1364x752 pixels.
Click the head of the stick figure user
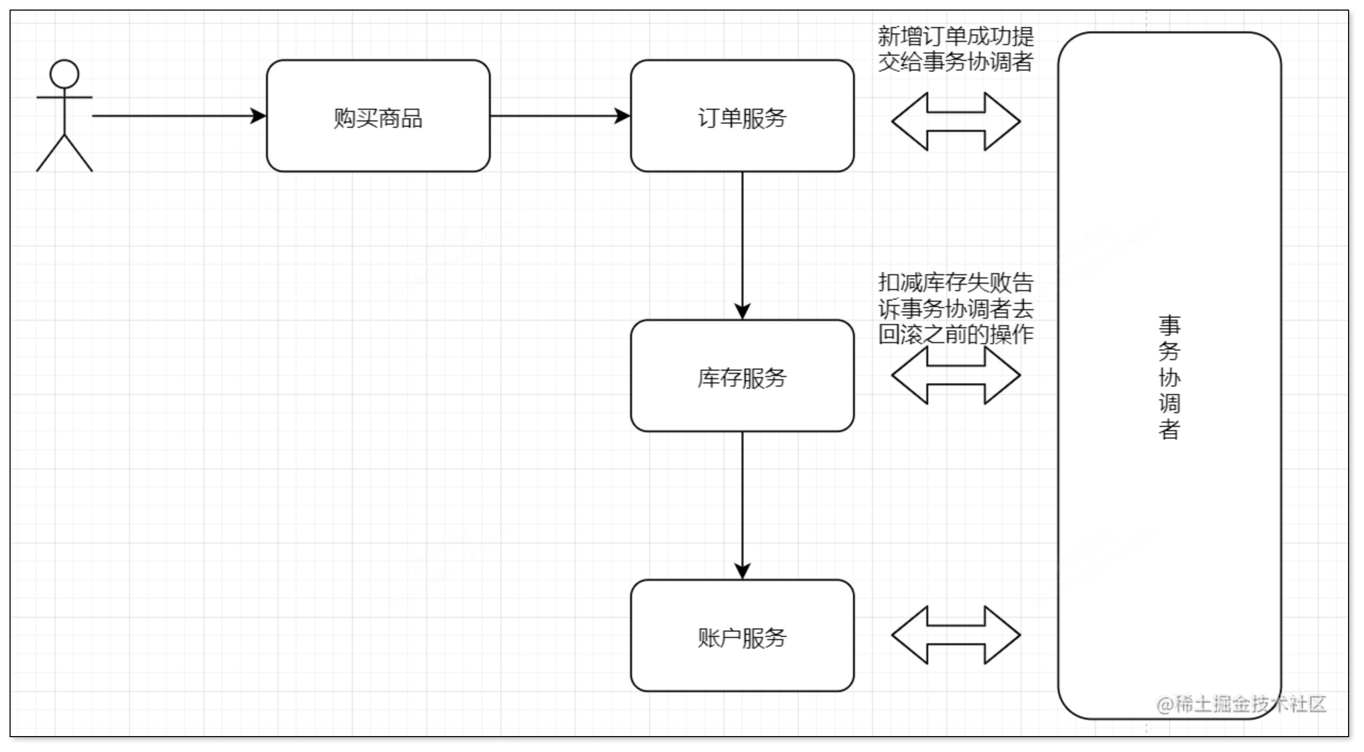[x=64, y=74]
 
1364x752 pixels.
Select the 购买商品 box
[x=378, y=116]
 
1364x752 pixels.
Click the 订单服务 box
[x=742, y=116]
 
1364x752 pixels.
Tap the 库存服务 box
[x=742, y=376]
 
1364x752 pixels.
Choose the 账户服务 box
[x=742, y=636]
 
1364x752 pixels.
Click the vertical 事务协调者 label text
[x=1169, y=377]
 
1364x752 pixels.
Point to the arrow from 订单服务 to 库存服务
[x=742, y=239]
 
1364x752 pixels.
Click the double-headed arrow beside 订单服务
[x=956, y=121]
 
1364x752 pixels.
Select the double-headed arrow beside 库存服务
[x=956, y=375]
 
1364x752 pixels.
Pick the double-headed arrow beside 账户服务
[x=956, y=635]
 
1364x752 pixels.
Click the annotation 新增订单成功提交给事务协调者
[x=955, y=49]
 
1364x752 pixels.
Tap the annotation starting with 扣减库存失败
[x=955, y=308]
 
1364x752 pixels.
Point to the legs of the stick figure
[x=64, y=154]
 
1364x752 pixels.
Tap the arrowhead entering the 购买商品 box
[x=258, y=116]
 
